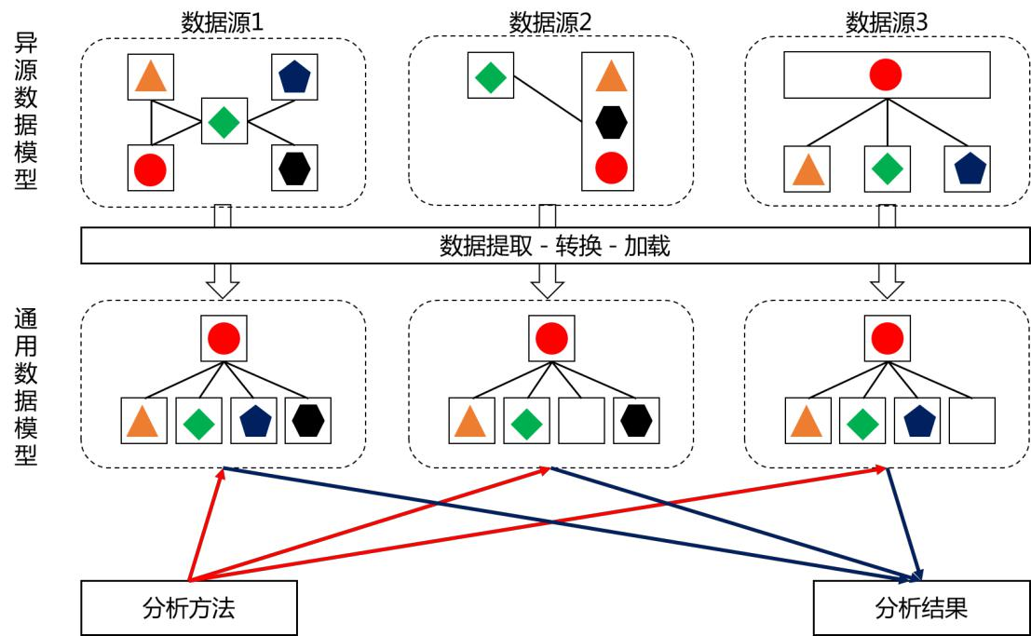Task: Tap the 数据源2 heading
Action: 550,20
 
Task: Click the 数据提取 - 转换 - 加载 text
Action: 554,246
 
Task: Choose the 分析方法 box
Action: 190,608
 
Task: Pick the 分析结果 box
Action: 921,608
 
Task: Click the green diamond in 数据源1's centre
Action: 224,122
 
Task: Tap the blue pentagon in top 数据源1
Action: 295,77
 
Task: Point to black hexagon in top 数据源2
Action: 611,122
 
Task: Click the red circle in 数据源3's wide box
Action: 886,75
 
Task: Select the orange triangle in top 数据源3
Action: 807,169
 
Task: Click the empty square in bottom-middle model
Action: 581,421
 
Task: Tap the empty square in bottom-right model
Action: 972,421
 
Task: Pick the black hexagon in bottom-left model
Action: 308,421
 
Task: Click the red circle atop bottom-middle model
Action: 551,337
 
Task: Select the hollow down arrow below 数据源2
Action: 548,279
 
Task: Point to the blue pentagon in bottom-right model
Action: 917,421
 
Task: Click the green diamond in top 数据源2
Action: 490,76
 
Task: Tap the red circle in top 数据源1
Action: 150,169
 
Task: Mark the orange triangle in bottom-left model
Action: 143,421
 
